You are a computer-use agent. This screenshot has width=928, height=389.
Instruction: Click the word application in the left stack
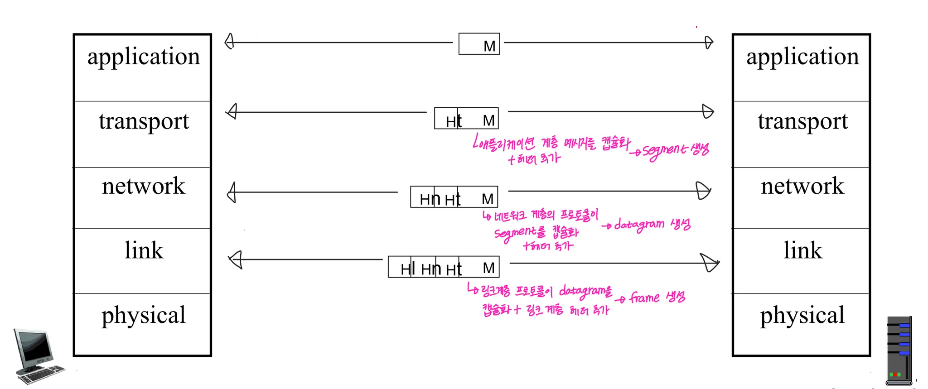click(x=143, y=57)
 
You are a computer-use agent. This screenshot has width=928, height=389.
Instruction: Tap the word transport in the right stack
click(x=802, y=121)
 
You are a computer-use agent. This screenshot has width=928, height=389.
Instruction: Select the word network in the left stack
click(x=143, y=186)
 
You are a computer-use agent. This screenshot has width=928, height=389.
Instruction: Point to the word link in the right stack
click(x=802, y=250)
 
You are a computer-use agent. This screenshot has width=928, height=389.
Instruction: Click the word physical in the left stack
click(x=143, y=315)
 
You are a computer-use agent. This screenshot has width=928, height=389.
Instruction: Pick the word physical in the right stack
click(x=802, y=315)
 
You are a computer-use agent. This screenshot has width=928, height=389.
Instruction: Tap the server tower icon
click(x=899, y=351)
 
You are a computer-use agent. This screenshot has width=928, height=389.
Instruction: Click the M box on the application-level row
click(x=479, y=44)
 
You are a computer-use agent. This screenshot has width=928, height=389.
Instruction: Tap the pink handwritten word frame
click(x=645, y=298)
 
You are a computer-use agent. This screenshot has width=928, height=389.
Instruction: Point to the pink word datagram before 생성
click(x=639, y=224)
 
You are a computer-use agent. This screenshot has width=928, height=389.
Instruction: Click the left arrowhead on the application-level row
click(x=229, y=42)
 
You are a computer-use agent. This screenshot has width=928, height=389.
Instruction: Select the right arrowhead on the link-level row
click(x=710, y=262)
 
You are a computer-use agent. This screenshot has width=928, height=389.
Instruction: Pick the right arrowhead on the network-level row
click(x=703, y=191)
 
